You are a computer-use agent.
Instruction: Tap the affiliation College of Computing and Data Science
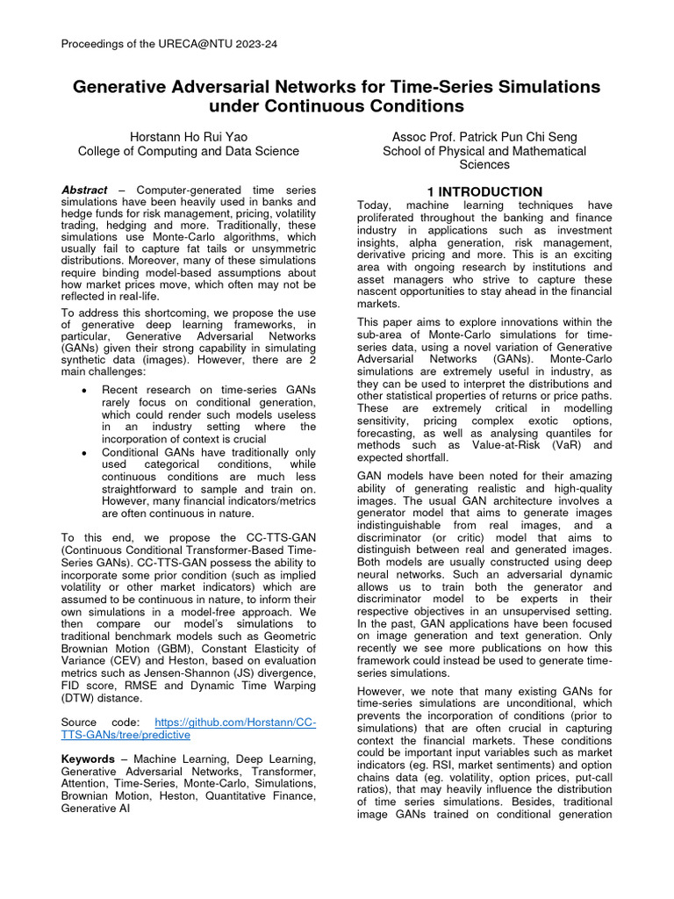point(188,151)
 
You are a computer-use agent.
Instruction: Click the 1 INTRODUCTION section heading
point(484,191)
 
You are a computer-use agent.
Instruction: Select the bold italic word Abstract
point(84,191)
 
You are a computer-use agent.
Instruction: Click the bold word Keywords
point(88,759)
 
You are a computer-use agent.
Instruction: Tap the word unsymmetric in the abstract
point(261,249)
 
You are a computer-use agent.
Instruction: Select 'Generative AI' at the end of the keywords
point(96,809)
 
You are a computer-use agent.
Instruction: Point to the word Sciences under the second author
point(484,165)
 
